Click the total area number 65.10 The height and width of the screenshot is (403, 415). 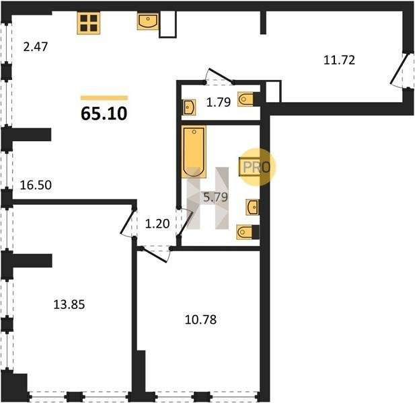[104, 114]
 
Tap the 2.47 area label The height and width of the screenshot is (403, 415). [36, 47]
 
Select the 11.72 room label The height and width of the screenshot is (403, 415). [339, 60]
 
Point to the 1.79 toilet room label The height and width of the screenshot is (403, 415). [219, 102]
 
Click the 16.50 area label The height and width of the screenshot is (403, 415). [36, 185]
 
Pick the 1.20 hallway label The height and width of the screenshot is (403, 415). [157, 224]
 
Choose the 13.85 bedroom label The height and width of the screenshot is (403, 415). [69, 304]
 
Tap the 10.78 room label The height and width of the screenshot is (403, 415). [200, 320]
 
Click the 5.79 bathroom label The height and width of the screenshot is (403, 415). [216, 197]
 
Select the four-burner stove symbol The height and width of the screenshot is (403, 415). [88, 23]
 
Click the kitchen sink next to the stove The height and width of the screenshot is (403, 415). [148, 21]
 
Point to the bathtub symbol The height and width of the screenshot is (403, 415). [194, 151]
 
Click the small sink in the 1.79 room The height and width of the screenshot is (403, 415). [190, 107]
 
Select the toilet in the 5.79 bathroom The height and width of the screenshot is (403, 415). [248, 232]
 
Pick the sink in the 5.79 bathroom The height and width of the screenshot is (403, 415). [252, 207]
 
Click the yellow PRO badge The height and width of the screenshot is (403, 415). [257, 167]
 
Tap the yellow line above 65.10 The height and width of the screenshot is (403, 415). [104, 98]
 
